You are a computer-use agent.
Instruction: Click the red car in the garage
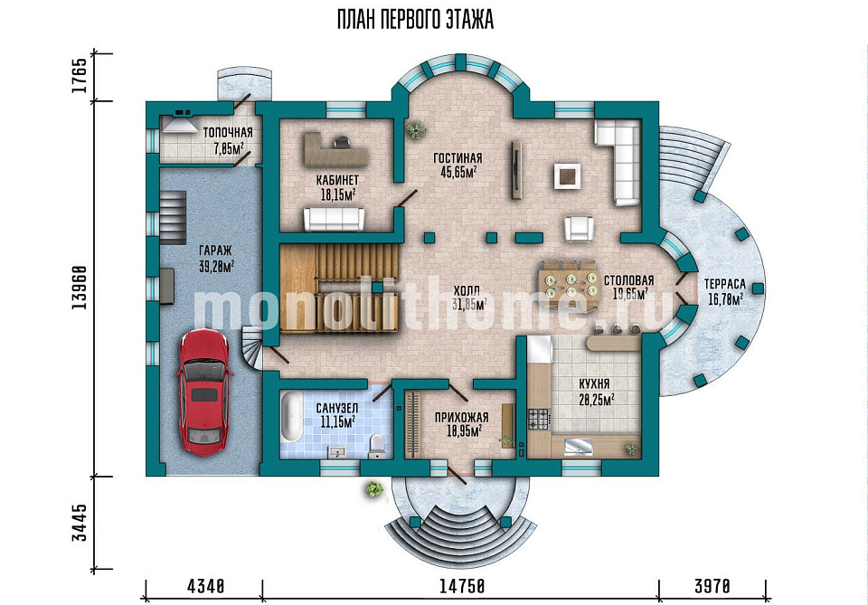click(x=203, y=392)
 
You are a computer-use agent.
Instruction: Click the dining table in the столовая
click(x=569, y=285)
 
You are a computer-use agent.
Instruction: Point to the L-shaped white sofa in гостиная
click(x=621, y=161)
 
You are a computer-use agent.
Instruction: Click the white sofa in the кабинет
click(x=334, y=219)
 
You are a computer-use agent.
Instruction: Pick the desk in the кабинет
click(x=332, y=148)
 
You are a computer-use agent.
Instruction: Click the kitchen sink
click(x=578, y=446)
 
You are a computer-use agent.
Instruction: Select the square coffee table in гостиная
click(x=567, y=177)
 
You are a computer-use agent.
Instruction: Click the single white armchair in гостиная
click(x=579, y=228)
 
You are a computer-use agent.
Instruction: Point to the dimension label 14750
click(x=462, y=586)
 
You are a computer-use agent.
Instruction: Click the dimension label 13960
click(x=80, y=288)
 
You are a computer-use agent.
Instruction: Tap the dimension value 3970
click(x=712, y=586)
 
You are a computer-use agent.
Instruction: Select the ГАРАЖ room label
click(x=216, y=251)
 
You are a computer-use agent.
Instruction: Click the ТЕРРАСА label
click(x=724, y=285)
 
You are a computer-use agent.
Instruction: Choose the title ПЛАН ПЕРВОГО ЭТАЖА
click(x=415, y=21)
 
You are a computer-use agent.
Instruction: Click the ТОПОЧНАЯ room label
click(x=228, y=133)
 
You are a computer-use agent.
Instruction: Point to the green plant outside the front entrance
click(x=374, y=489)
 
